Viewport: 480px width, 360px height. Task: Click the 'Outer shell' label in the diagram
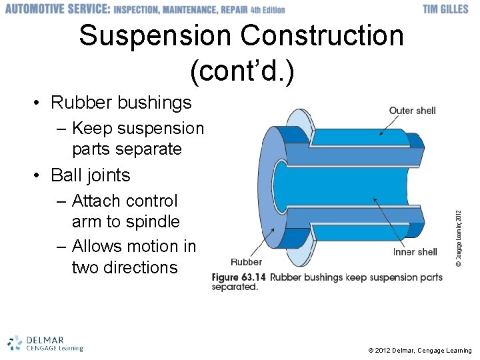tap(412, 110)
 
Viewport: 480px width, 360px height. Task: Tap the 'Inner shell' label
tap(415, 251)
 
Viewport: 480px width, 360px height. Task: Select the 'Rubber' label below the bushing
tap(247, 262)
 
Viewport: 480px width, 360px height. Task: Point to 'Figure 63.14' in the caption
tap(238, 277)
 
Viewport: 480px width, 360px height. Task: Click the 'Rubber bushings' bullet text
tap(121, 103)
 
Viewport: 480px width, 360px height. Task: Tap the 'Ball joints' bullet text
tap(91, 175)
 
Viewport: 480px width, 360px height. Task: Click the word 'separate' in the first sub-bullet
tap(149, 149)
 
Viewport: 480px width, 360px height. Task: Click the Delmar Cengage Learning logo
tap(45, 343)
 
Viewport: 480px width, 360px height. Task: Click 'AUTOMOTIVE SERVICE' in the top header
tap(57, 9)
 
